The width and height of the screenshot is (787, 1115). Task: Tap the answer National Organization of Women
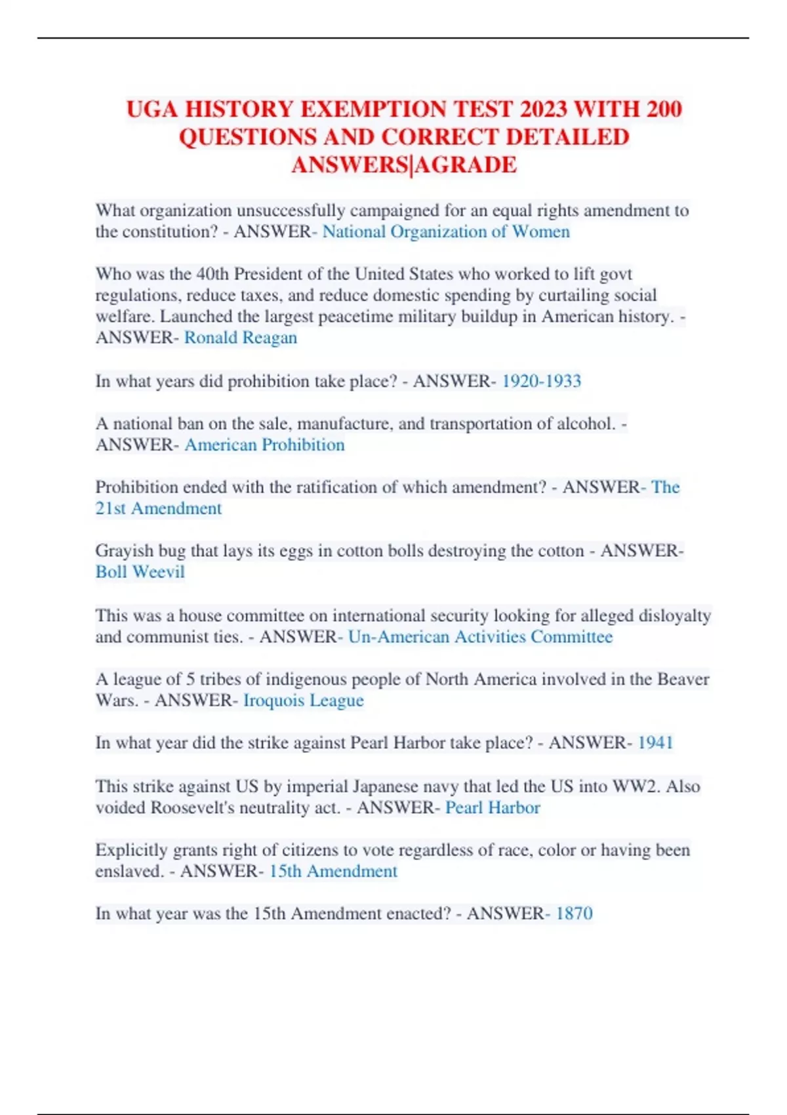pyautogui.click(x=446, y=232)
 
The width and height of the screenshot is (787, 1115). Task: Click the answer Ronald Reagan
pyautogui.click(x=241, y=338)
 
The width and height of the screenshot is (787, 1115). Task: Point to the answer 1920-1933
pyautogui.click(x=542, y=381)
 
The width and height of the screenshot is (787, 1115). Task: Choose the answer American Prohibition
pyautogui.click(x=264, y=445)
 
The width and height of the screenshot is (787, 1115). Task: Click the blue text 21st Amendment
pyautogui.click(x=159, y=508)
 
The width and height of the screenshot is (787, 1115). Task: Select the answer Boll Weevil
pyautogui.click(x=140, y=572)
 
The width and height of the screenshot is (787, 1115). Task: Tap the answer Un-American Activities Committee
pyautogui.click(x=480, y=637)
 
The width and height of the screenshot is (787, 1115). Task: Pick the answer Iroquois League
pyautogui.click(x=304, y=700)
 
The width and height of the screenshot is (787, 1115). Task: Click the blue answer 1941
pyautogui.click(x=656, y=742)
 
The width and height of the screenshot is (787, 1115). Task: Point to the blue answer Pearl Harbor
pyautogui.click(x=493, y=807)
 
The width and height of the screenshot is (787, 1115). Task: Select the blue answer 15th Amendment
pyautogui.click(x=333, y=871)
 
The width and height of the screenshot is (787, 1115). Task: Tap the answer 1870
pyautogui.click(x=575, y=914)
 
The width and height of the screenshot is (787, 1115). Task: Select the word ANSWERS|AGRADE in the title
pyautogui.click(x=404, y=165)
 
